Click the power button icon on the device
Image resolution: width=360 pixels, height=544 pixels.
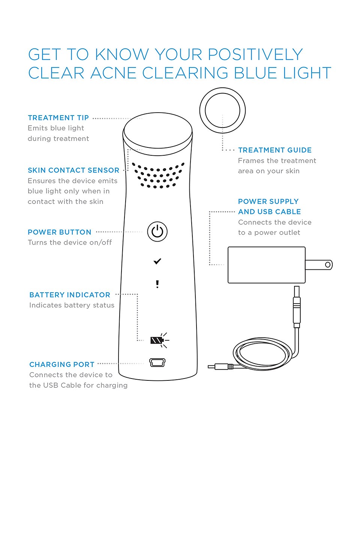tap(157, 231)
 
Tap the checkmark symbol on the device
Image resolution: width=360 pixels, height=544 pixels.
tap(157, 261)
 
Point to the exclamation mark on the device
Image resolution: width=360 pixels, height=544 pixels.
tap(157, 284)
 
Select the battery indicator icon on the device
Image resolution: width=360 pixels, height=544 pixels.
tap(157, 340)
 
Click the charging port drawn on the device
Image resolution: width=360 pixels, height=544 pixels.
tap(157, 362)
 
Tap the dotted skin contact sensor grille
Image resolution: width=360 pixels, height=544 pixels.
tap(158, 175)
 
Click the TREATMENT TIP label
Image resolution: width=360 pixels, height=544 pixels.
tap(58, 118)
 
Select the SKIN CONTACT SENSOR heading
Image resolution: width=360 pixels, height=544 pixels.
tap(73, 170)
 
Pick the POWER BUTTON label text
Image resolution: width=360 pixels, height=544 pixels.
tap(60, 232)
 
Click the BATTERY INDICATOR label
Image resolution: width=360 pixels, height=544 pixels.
tap(70, 295)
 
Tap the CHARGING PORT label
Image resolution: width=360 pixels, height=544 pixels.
tap(62, 365)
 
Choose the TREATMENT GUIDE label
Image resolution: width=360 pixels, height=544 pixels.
tap(275, 150)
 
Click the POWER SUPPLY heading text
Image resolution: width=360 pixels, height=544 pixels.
tap(268, 201)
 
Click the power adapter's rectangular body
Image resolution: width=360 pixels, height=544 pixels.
tap(266, 265)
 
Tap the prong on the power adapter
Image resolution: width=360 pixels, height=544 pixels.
tap(319, 265)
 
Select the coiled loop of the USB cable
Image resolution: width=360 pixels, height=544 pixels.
tap(262, 353)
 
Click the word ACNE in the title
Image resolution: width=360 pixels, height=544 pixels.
tap(113, 73)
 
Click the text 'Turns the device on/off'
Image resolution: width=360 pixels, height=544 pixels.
tap(70, 243)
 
